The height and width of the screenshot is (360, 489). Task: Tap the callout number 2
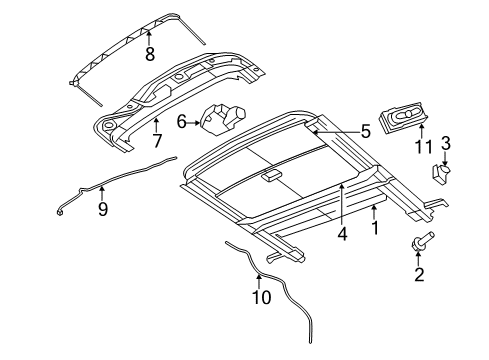(419, 275)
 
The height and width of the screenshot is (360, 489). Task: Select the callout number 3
(446, 143)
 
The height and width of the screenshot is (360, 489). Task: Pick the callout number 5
(365, 129)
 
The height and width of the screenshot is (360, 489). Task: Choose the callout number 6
(182, 121)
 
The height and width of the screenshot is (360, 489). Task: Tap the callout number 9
(102, 209)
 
